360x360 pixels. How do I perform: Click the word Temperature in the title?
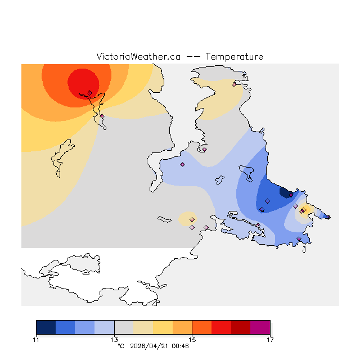(234, 57)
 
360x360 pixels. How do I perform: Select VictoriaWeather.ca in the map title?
(138, 57)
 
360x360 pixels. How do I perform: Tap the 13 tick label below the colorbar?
(114, 339)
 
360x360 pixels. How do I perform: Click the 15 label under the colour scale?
(192, 339)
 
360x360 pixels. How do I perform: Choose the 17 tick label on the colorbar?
(270, 339)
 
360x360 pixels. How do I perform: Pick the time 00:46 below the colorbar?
(180, 346)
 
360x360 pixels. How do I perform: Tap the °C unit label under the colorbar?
(120, 346)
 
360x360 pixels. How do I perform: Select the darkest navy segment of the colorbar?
(46, 327)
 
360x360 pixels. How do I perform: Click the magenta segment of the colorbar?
(260, 327)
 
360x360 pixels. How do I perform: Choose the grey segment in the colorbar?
(124, 327)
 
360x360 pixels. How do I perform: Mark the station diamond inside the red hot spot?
(89, 93)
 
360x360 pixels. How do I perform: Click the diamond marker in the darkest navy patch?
(290, 195)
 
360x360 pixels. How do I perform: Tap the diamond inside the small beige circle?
(192, 219)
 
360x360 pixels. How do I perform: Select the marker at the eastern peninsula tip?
(328, 217)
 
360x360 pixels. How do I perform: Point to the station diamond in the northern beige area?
(234, 85)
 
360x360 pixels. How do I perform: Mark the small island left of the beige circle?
(164, 219)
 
